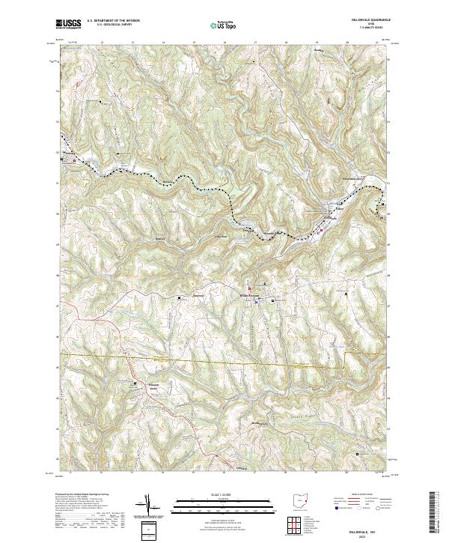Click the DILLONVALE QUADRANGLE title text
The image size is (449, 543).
(x=365, y=20)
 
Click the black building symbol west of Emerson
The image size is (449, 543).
(x=180, y=298)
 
